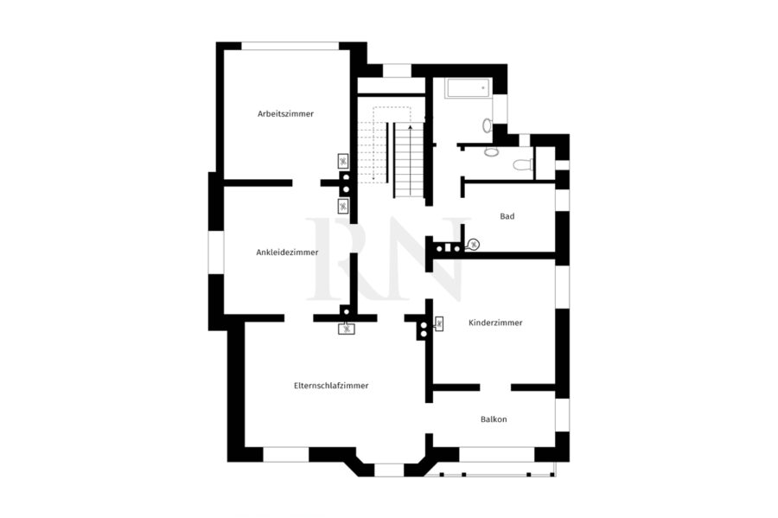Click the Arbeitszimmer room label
pos(285,113)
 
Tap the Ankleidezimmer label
pos(287,252)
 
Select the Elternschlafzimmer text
pos(331,386)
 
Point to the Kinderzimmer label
pos(495,323)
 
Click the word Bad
pos(507,216)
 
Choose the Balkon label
pos(494,419)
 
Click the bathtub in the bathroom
pos(468,88)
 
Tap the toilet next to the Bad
pos(522,164)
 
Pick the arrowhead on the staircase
pos(410,127)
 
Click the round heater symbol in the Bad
pos(474,244)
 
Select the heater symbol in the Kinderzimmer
pos(438,324)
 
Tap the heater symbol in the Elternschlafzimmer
pos(347,329)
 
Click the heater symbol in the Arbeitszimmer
pos(343,161)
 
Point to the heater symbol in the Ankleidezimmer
pos(343,206)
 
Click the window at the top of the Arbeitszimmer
pos(290,46)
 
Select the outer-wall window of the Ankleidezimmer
pos(216,253)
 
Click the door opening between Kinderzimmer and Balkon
pos(495,387)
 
